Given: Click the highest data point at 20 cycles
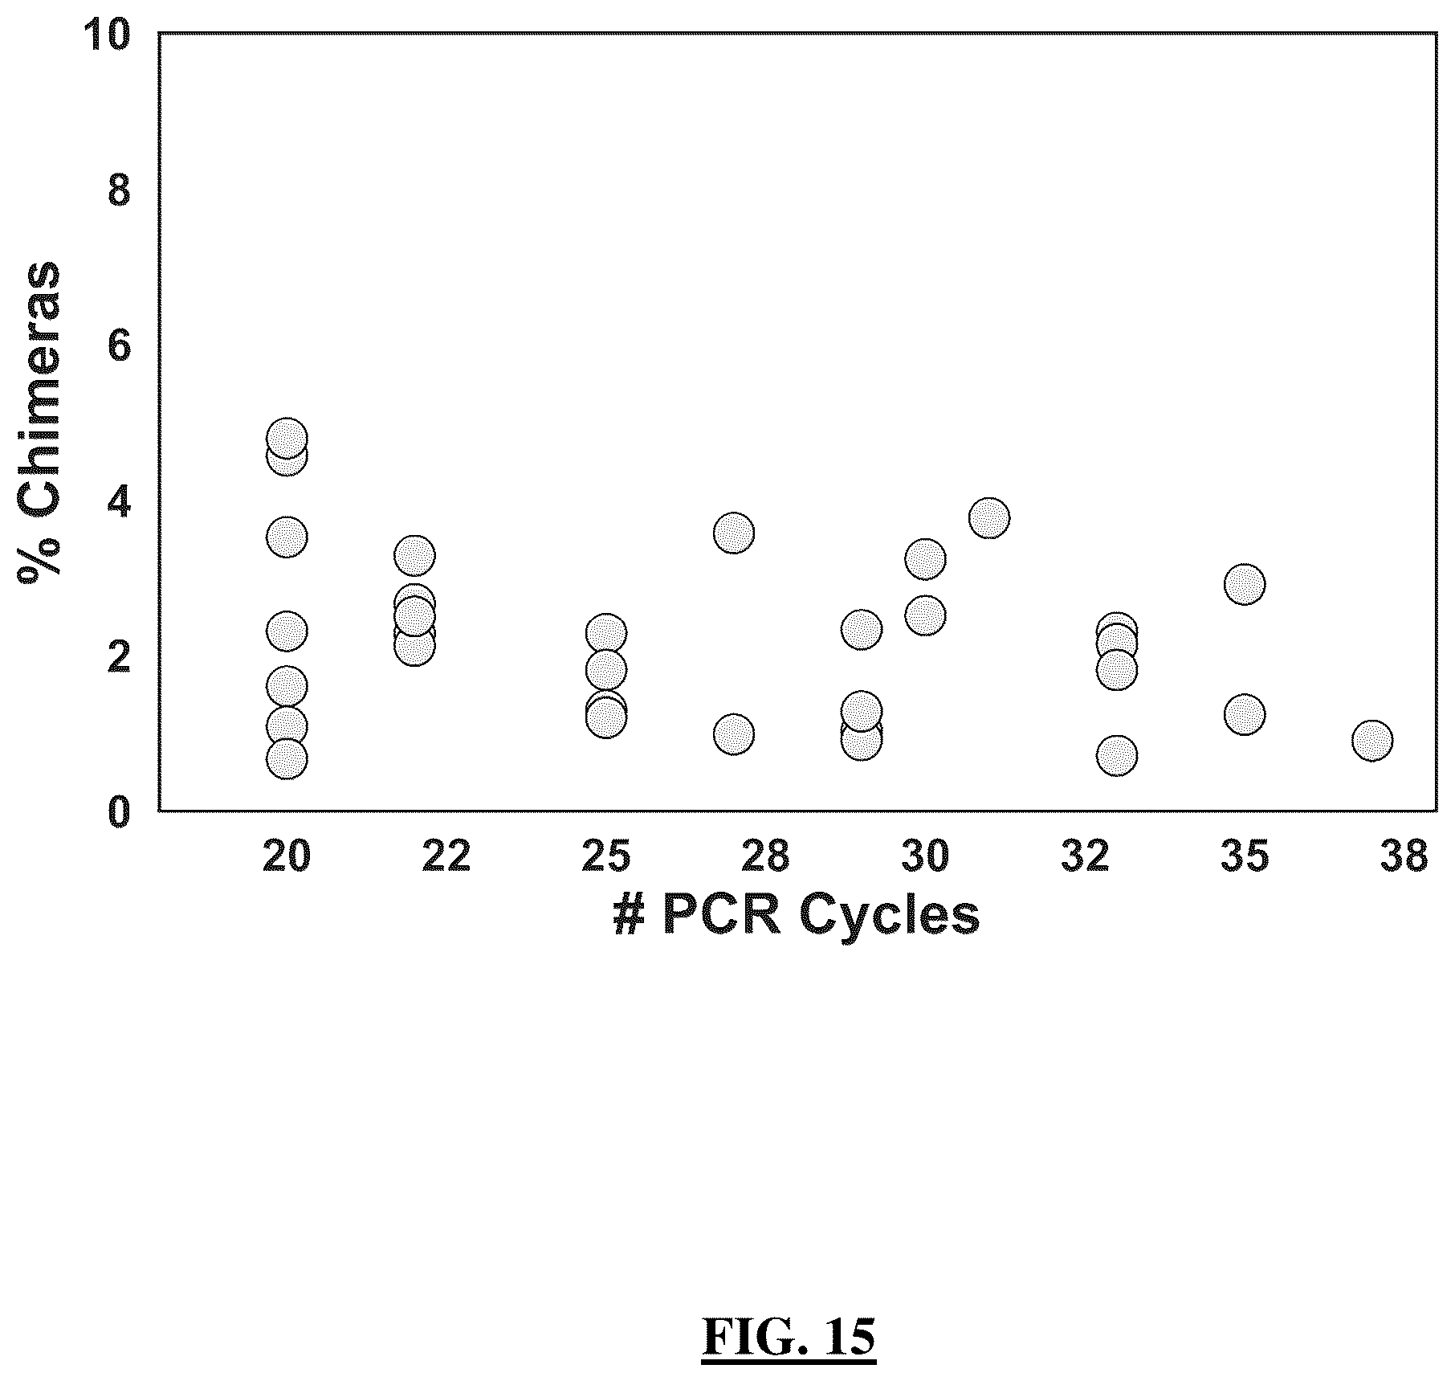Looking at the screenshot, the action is (287, 438).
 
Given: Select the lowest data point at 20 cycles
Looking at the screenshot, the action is (287, 758).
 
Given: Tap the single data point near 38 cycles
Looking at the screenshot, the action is (1372, 740).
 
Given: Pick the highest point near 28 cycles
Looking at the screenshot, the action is (734, 533).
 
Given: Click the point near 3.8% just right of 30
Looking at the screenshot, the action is (989, 517).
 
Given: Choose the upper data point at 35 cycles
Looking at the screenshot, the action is (1245, 583).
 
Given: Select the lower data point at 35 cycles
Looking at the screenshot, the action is (1245, 713).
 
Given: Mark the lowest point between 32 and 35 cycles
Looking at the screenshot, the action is (1117, 755).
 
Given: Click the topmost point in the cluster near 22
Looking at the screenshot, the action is (414, 554).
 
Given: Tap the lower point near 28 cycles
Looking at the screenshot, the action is (734, 733).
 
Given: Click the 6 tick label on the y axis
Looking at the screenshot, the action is (118, 347).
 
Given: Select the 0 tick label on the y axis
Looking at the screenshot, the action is (118, 812).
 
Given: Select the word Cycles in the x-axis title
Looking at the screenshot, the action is (889, 917).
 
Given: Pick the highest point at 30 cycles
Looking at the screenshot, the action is (925, 558).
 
